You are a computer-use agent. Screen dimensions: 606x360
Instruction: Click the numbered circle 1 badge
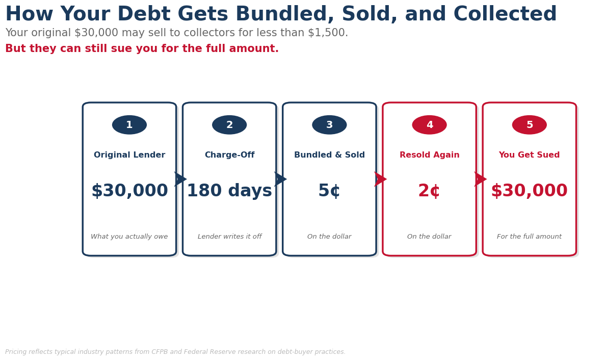coord(129,125)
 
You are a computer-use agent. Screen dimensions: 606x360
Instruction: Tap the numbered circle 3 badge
coord(329,125)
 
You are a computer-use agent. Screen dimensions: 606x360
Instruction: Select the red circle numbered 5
coord(530,125)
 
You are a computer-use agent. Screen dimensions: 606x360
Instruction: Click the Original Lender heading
coord(129,155)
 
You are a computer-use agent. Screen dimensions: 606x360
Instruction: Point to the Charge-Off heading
coord(229,155)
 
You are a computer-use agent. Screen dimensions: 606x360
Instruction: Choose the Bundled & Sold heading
coord(329,155)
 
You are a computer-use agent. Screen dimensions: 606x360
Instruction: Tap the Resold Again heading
coord(429,155)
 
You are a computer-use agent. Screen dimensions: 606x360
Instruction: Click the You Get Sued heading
coord(530,155)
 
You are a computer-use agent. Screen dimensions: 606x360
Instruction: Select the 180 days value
coord(229,191)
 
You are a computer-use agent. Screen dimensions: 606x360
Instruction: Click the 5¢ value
coord(329,191)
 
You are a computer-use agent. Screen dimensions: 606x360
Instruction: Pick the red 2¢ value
coord(429,191)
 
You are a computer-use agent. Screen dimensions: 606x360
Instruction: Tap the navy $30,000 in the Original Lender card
coord(129,191)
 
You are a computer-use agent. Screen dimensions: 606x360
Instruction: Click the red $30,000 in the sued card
coord(530,191)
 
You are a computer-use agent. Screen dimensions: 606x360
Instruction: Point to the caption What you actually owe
coord(129,237)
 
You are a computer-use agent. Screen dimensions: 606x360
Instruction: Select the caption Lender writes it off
coord(229,237)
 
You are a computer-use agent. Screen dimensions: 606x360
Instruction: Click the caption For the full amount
coord(530,237)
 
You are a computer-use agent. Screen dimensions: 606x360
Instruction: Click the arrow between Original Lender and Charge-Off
coord(180,179)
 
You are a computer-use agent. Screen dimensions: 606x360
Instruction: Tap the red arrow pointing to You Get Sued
coord(481,179)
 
